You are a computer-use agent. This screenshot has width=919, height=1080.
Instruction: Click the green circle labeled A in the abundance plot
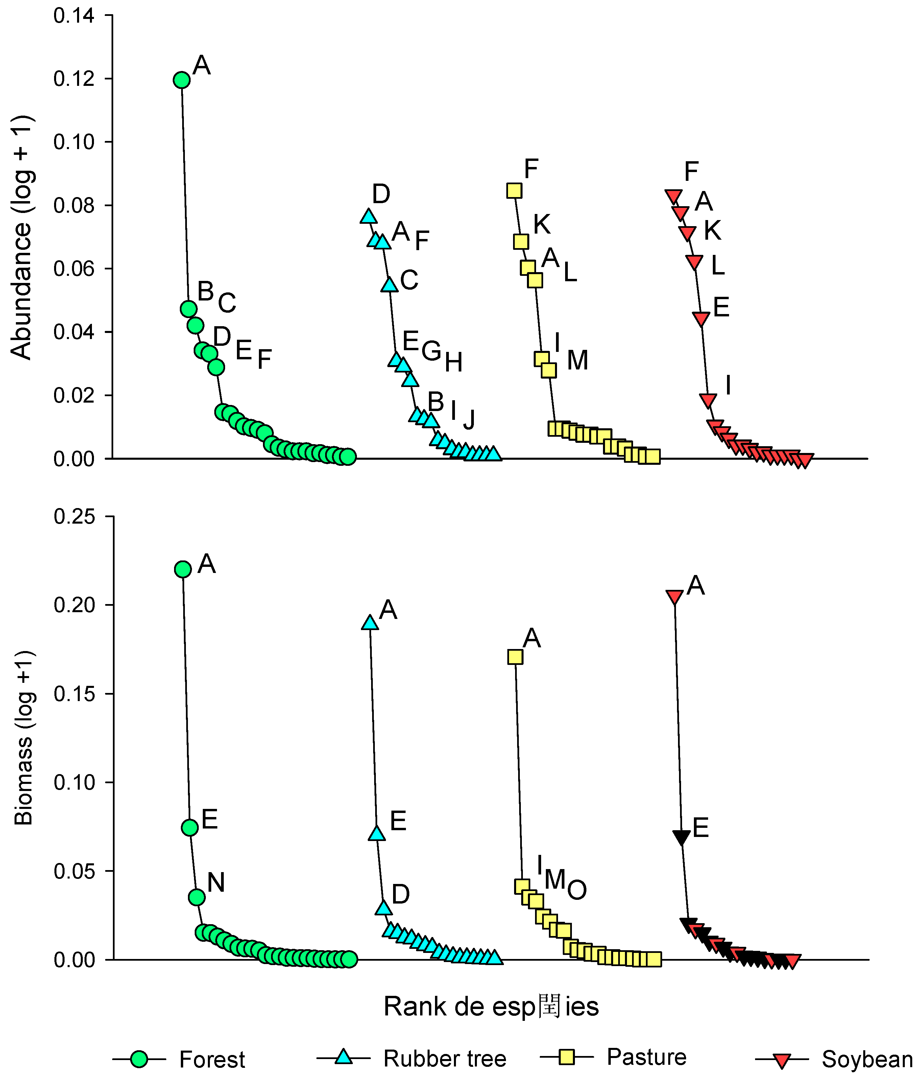[181, 80]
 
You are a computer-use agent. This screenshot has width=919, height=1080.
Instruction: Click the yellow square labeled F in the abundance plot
[514, 191]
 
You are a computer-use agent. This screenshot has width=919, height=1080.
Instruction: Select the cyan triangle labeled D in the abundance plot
[368, 217]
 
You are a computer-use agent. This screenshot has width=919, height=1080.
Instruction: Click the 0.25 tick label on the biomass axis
[74, 517]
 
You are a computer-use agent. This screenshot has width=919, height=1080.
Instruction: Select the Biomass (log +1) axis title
[23, 738]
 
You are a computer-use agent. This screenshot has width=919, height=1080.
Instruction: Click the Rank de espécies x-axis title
[491, 1006]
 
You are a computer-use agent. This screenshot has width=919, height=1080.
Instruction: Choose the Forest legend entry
[212, 1059]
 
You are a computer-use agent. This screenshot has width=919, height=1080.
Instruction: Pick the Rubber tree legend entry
[444, 1058]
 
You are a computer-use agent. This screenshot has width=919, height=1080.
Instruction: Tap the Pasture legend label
[647, 1057]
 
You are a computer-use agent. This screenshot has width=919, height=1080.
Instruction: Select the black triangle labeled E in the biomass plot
[681, 837]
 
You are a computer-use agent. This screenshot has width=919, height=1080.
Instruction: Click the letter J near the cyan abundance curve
[469, 419]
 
